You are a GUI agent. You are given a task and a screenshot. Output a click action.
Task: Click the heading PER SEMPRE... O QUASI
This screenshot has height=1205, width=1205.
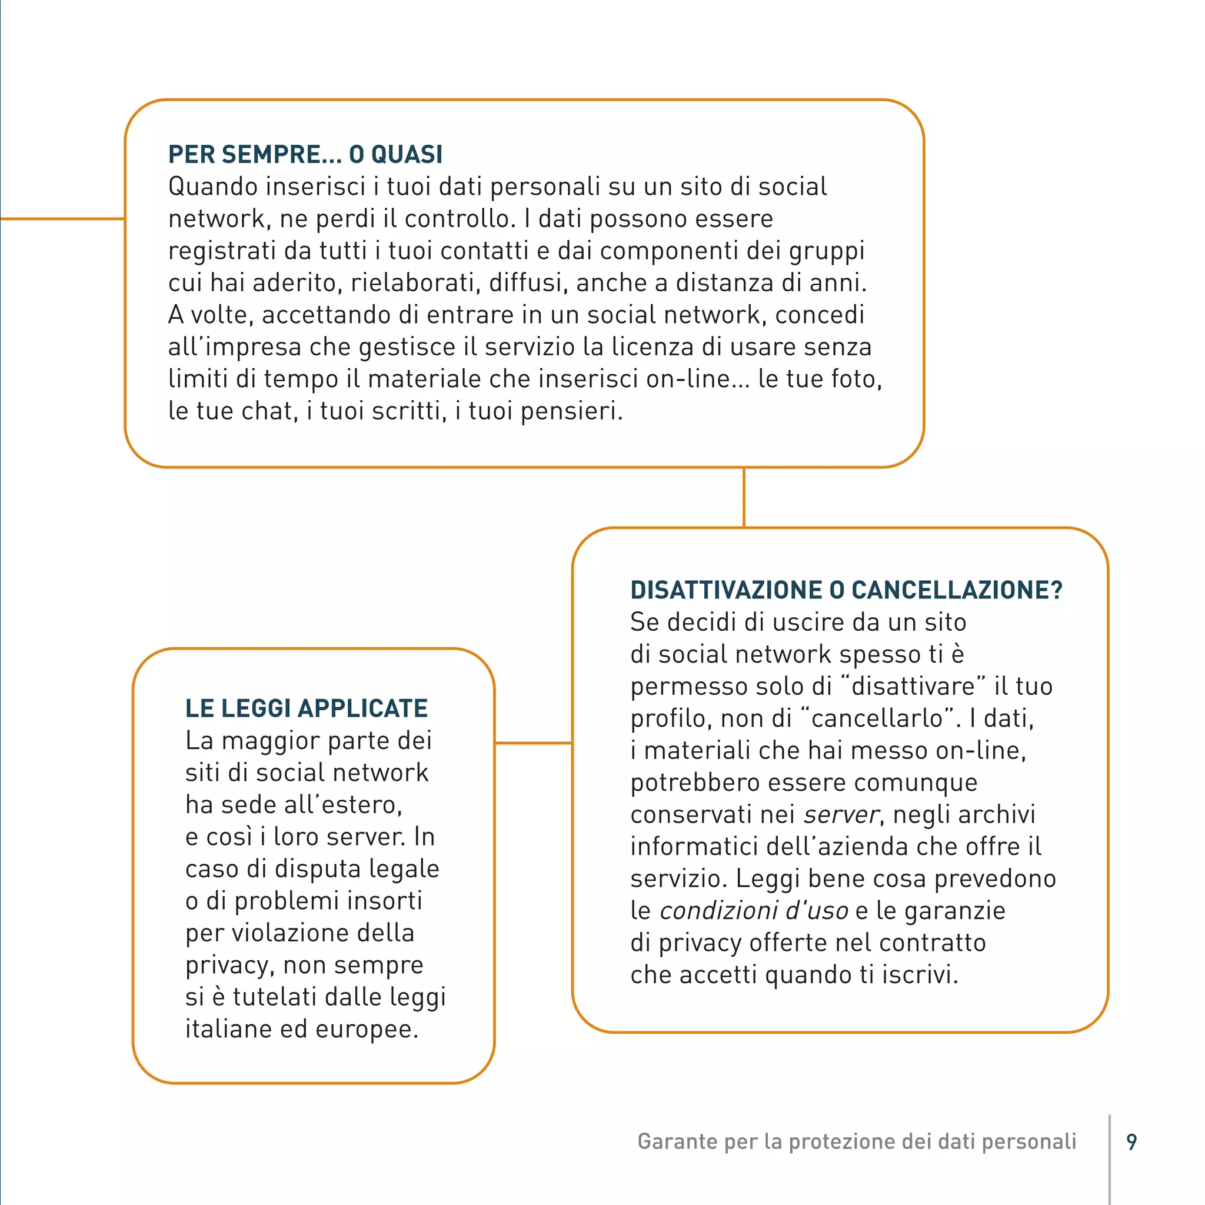(x=305, y=155)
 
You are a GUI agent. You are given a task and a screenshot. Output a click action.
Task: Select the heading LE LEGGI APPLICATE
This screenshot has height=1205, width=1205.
(x=306, y=708)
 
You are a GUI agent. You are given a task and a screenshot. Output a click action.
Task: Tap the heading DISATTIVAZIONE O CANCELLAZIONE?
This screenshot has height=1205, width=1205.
(x=846, y=590)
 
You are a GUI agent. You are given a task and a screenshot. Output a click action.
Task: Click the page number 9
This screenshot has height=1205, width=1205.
(x=1131, y=1142)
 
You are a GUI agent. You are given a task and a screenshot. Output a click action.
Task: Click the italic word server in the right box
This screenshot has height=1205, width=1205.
(x=841, y=815)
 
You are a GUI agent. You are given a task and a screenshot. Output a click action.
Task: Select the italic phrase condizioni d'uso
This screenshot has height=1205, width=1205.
(x=754, y=911)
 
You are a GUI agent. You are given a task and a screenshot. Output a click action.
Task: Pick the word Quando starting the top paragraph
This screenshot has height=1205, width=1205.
(x=210, y=187)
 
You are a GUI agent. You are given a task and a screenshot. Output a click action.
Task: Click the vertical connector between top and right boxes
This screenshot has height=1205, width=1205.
(x=744, y=497)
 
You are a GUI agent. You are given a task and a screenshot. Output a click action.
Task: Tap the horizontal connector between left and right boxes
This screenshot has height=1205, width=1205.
(x=533, y=743)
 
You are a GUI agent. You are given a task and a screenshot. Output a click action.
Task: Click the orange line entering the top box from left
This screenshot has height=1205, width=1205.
(x=62, y=219)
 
